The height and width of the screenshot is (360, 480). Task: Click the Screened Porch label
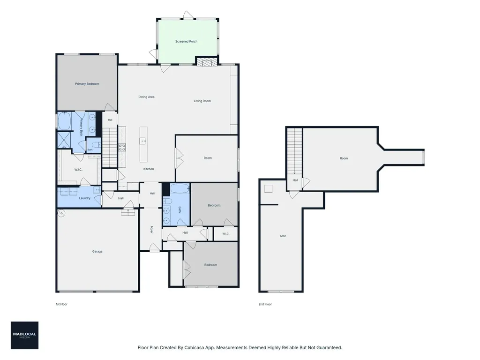click(x=186, y=41)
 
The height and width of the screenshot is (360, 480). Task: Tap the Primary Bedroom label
click(x=87, y=84)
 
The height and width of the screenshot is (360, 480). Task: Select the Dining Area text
click(x=146, y=97)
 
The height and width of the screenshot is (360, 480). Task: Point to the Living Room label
click(x=202, y=101)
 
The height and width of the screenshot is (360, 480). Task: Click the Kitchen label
click(x=149, y=169)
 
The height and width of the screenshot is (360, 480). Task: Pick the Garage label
click(x=97, y=252)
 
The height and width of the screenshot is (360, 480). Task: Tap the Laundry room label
click(x=84, y=198)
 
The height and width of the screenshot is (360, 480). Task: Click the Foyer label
click(x=151, y=230)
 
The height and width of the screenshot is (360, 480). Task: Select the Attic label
click(x=283, y=236)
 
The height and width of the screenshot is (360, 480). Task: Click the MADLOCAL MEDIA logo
click(x=24, y=335)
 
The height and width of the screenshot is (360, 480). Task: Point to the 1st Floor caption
click(x=61, y=304)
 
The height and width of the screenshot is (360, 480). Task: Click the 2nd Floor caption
click(x=265, y=304)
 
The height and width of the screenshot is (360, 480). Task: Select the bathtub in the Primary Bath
click(x=65, y=121)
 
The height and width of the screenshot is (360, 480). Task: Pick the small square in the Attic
click(x=269, y=189)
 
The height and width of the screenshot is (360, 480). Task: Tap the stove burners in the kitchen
click(x=122, y=148)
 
